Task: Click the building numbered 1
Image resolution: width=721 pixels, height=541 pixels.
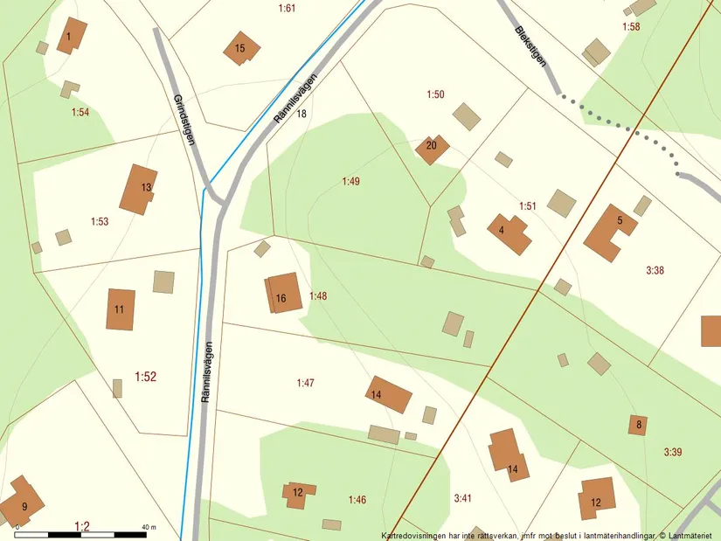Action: (71, 36)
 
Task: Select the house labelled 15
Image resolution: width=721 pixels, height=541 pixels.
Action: (240, 49)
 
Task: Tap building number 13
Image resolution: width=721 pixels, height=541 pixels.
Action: (139, 189)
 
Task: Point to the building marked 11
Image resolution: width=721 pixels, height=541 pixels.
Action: (121, 309)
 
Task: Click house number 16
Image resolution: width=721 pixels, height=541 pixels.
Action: (283, 294)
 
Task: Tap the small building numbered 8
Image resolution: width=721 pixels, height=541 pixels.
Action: (638, 426)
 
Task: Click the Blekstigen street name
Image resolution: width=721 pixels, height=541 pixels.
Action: (530, 45)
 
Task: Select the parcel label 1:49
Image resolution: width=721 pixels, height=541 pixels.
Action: (350, 181)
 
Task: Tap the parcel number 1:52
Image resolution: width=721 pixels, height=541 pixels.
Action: (145, 377)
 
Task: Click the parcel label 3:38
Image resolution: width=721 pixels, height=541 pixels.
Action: (655, 271)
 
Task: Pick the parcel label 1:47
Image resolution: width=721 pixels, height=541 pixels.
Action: (305, 383)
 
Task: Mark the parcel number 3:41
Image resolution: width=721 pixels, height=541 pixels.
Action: (463, 498)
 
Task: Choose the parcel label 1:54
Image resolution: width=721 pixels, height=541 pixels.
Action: (80, 112)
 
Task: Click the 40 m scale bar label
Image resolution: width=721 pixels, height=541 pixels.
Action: (148, 527)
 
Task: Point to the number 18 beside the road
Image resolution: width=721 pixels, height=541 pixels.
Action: (302, 114)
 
